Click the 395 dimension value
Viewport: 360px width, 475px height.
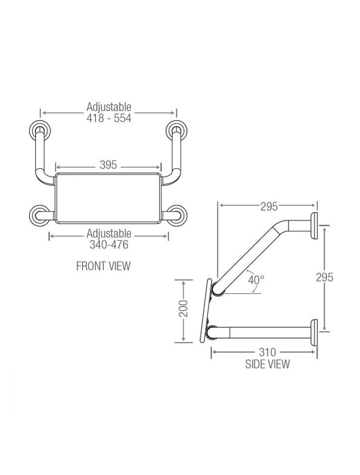109,165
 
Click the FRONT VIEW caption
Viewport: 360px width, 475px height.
103,267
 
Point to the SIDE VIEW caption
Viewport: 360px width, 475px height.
268,364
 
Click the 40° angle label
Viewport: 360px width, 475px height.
255,279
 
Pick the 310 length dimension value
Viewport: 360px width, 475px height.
267,352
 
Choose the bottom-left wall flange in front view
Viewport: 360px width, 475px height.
38,216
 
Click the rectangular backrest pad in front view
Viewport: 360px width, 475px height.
109,198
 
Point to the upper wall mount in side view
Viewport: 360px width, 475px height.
315,225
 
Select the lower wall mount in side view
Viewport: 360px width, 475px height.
315,332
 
